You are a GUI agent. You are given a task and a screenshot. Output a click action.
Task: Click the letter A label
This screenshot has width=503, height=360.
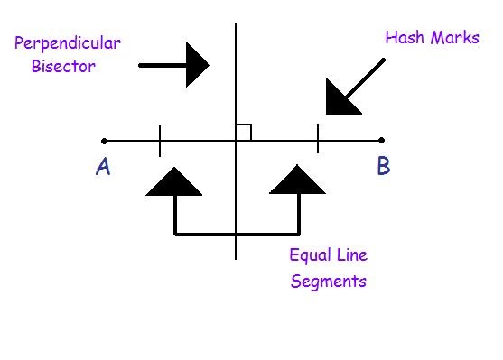(103, 168)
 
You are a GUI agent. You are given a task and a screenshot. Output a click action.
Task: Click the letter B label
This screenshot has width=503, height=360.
(383, 167)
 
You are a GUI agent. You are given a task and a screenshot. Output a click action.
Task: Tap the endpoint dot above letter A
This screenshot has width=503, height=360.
(105, 141)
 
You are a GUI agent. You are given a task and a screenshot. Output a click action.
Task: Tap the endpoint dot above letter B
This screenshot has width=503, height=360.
(382, 141)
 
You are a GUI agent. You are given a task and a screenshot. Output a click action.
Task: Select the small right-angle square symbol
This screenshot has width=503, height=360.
(243, 133)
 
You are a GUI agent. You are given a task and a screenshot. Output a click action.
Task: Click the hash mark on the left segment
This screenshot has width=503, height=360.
(160, 141)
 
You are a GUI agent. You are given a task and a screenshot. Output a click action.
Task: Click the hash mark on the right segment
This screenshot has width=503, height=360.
(318, 140)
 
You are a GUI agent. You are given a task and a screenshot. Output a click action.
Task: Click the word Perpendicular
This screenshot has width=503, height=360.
(68, 43)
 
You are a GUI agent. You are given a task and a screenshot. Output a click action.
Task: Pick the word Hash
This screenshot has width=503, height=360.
(403, 38)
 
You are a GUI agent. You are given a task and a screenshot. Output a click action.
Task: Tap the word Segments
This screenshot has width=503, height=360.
(329, 281)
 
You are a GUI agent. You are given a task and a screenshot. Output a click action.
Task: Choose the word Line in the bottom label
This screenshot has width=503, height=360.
(350, 254)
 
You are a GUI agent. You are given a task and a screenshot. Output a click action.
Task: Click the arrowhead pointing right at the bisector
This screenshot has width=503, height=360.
(197, 65)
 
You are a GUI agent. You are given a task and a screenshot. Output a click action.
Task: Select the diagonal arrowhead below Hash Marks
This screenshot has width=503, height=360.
(340, 97)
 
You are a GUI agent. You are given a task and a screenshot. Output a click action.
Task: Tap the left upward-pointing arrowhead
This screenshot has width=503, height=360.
(174, 183)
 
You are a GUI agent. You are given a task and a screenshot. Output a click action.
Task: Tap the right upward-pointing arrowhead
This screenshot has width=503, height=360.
(298, 183)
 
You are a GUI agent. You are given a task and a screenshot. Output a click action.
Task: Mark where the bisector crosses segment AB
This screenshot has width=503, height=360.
(236, 141)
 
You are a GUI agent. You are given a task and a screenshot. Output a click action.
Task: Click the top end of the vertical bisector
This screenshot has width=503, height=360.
(236, 24)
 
